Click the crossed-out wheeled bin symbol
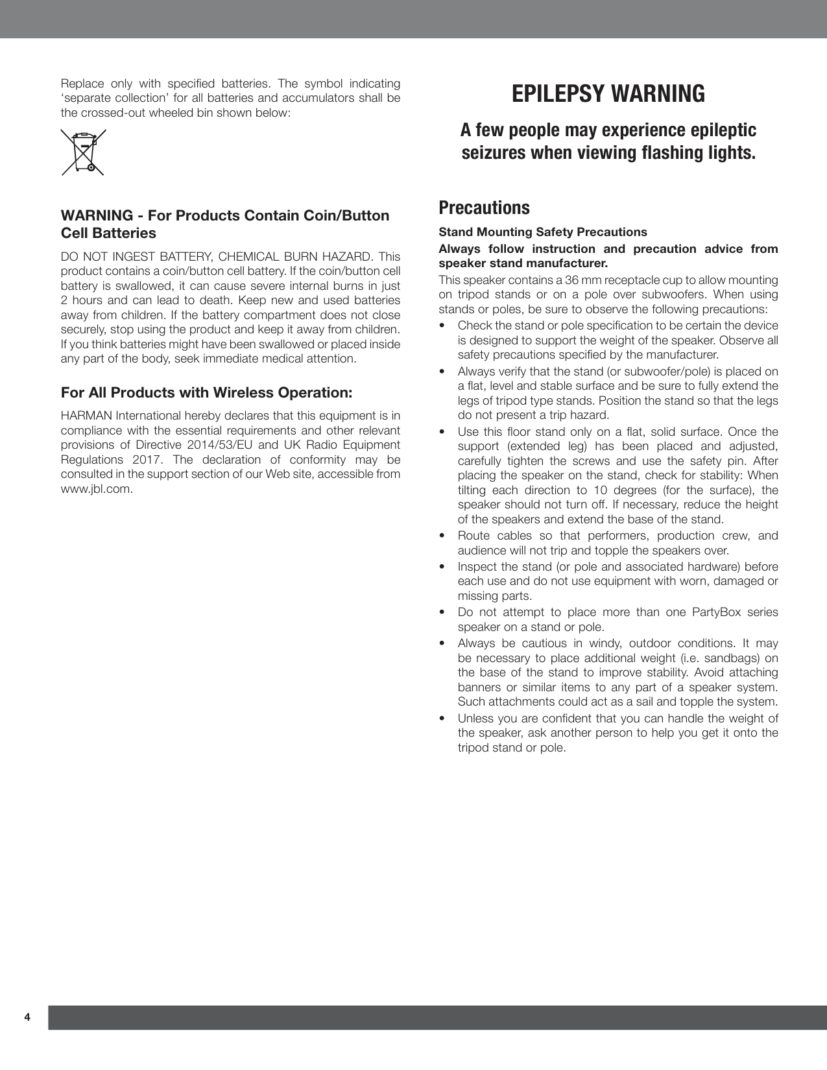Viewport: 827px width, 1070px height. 83,152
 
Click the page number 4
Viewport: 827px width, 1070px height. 27,1017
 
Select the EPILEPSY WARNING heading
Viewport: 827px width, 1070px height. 608,94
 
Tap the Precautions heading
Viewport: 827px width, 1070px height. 484,208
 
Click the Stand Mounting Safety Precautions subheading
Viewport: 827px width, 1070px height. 543,232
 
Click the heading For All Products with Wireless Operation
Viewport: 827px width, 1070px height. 206,393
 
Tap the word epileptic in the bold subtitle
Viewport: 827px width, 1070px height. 725,130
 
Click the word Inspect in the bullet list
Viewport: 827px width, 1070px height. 477,567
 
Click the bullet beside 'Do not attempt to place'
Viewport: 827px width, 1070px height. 442,613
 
